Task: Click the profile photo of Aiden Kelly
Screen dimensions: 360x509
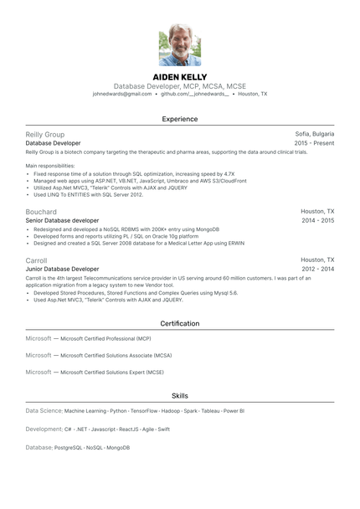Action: (x=180, y=44)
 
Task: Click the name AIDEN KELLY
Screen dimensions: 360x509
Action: (x=180, y=77)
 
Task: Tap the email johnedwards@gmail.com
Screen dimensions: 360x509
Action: (x=122, y=95)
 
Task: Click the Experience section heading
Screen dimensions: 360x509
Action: (x=180, y=119)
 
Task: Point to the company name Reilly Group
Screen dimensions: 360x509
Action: (x=45, y=134)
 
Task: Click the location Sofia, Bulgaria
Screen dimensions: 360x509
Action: (x=315, y=134)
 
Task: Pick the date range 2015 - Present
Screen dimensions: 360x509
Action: (x=314, y=143)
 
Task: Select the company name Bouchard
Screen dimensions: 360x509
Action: (x=42, y=212)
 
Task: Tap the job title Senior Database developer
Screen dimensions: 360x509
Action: (x=63, y=220)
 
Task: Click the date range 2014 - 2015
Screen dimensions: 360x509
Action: (x=317, y=220)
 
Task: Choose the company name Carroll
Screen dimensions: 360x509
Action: (x=37, y=260)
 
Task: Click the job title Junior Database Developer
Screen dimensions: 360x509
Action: (x=62, y=269)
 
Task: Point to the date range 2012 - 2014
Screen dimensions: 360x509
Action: (x=317, y=269)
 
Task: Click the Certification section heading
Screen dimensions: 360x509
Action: (x=180, y=323)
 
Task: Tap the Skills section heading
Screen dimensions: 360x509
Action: (x=180, y=395)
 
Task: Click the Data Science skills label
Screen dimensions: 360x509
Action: (x=44, y=411)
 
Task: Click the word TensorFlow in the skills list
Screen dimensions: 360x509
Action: (x=144, y=411)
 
